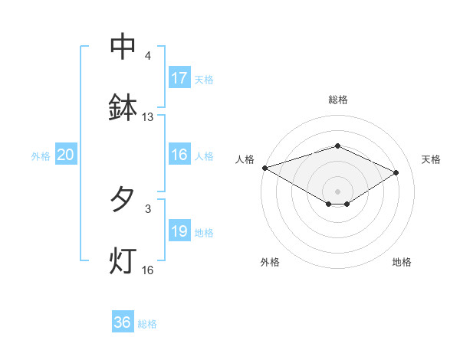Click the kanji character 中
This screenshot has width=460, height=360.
[123, 47]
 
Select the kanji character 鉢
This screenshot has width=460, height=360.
[123, 108]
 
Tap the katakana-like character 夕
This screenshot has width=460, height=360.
[123, 200]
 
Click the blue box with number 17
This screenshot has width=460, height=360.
[179, 78]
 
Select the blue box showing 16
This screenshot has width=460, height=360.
[179, 155]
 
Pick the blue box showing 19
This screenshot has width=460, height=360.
[179, 231]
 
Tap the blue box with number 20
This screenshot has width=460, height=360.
[66, 155]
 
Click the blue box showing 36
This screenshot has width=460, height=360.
[123, 322]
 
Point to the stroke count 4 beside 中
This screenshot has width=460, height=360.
[148, 56]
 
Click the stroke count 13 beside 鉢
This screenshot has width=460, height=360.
[148, 117]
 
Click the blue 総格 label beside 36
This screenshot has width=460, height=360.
[147, 324]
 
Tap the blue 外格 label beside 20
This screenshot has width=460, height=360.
[41, 156]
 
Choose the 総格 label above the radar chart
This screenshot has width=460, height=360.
[338, 100]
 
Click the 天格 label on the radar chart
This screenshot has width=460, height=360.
[431, 159]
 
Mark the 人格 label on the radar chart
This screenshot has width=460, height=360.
[245, 159]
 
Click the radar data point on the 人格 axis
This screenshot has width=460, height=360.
[264, 168]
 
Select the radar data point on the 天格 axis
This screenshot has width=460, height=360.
[396, 172]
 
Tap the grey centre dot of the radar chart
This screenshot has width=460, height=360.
[338, 191]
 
